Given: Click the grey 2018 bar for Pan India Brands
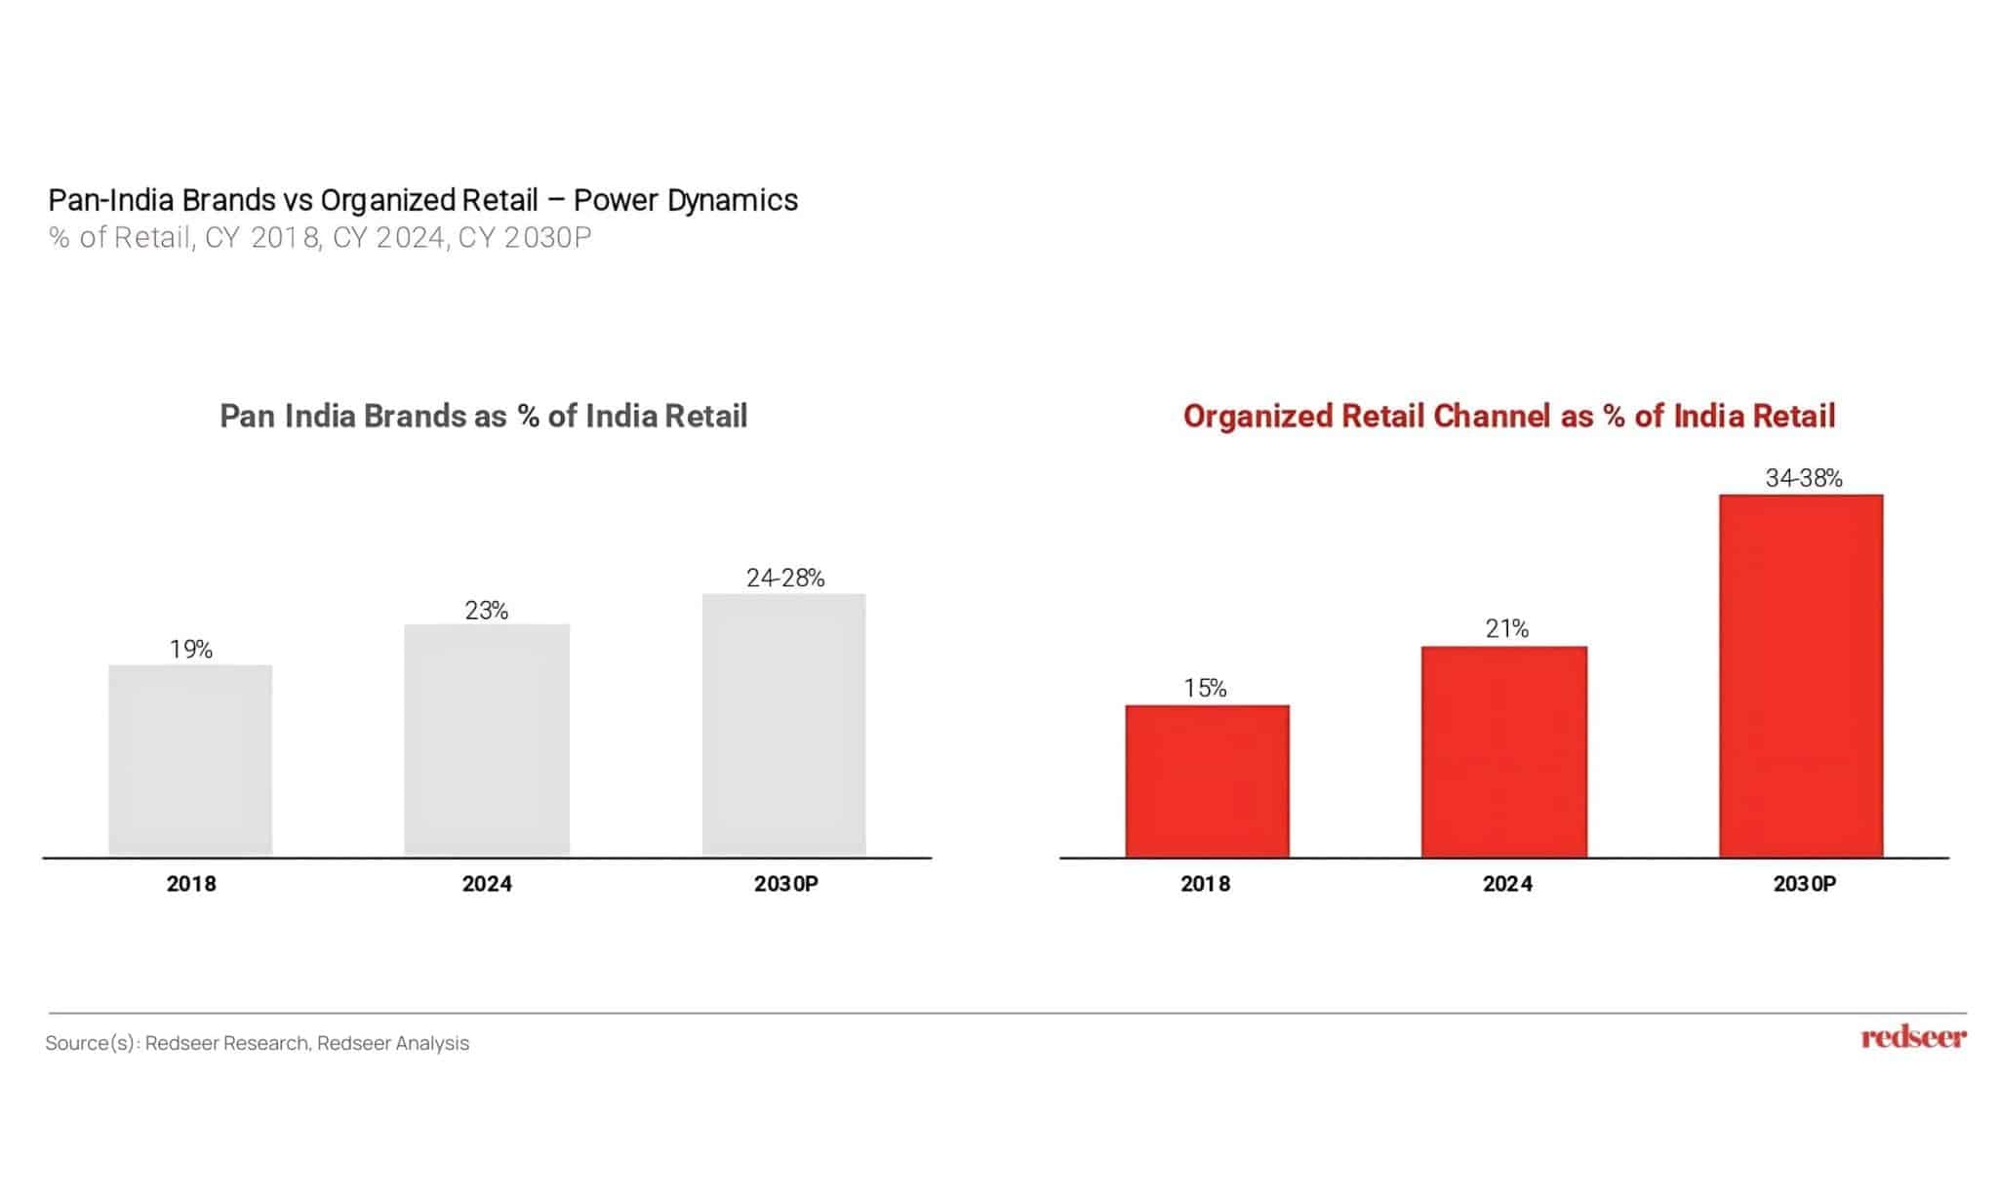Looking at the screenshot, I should pyautogui.click(x=190, y=760).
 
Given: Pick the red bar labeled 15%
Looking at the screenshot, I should pyautogui.click(x=1207, y=780).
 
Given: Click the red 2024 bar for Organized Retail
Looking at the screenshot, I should pyautogui.click(x=1503, y=751).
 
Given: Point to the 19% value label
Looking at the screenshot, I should pyautogui.click(x=191, y=650).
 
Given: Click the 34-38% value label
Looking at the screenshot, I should pyautogui.click(x=1804, y=478).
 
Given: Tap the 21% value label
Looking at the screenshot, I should pyautogui.click(x=1506, y=629).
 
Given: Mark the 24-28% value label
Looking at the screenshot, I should pyautogui.click(x=785, y=578).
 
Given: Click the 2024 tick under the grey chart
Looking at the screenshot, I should pyautogui.click(x=487, y=884).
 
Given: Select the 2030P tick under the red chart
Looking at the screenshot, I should pyautogui.click(x=1804, y=884).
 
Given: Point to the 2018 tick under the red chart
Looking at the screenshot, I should pyautogui.click(x=1205, y=884).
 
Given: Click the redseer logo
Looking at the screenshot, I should pyautogui.click(x=1913, y=1037).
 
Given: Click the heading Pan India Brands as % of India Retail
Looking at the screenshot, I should pyautogui.click(x=483, y=416).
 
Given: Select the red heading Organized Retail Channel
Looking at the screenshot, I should pyautogui.click(x=1508, y=416).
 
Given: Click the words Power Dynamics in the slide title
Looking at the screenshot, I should pyautogui.click(x=685, y=200).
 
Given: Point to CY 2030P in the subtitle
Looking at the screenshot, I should pyautogui.click(x=524, y=238).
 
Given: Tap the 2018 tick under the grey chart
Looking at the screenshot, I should pyautogui.click(x=191, y=884).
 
